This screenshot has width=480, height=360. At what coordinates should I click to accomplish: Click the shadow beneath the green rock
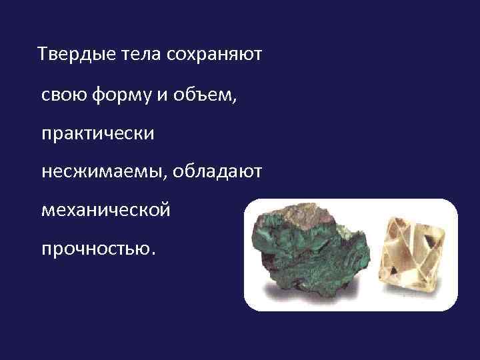(x=293, y=297)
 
